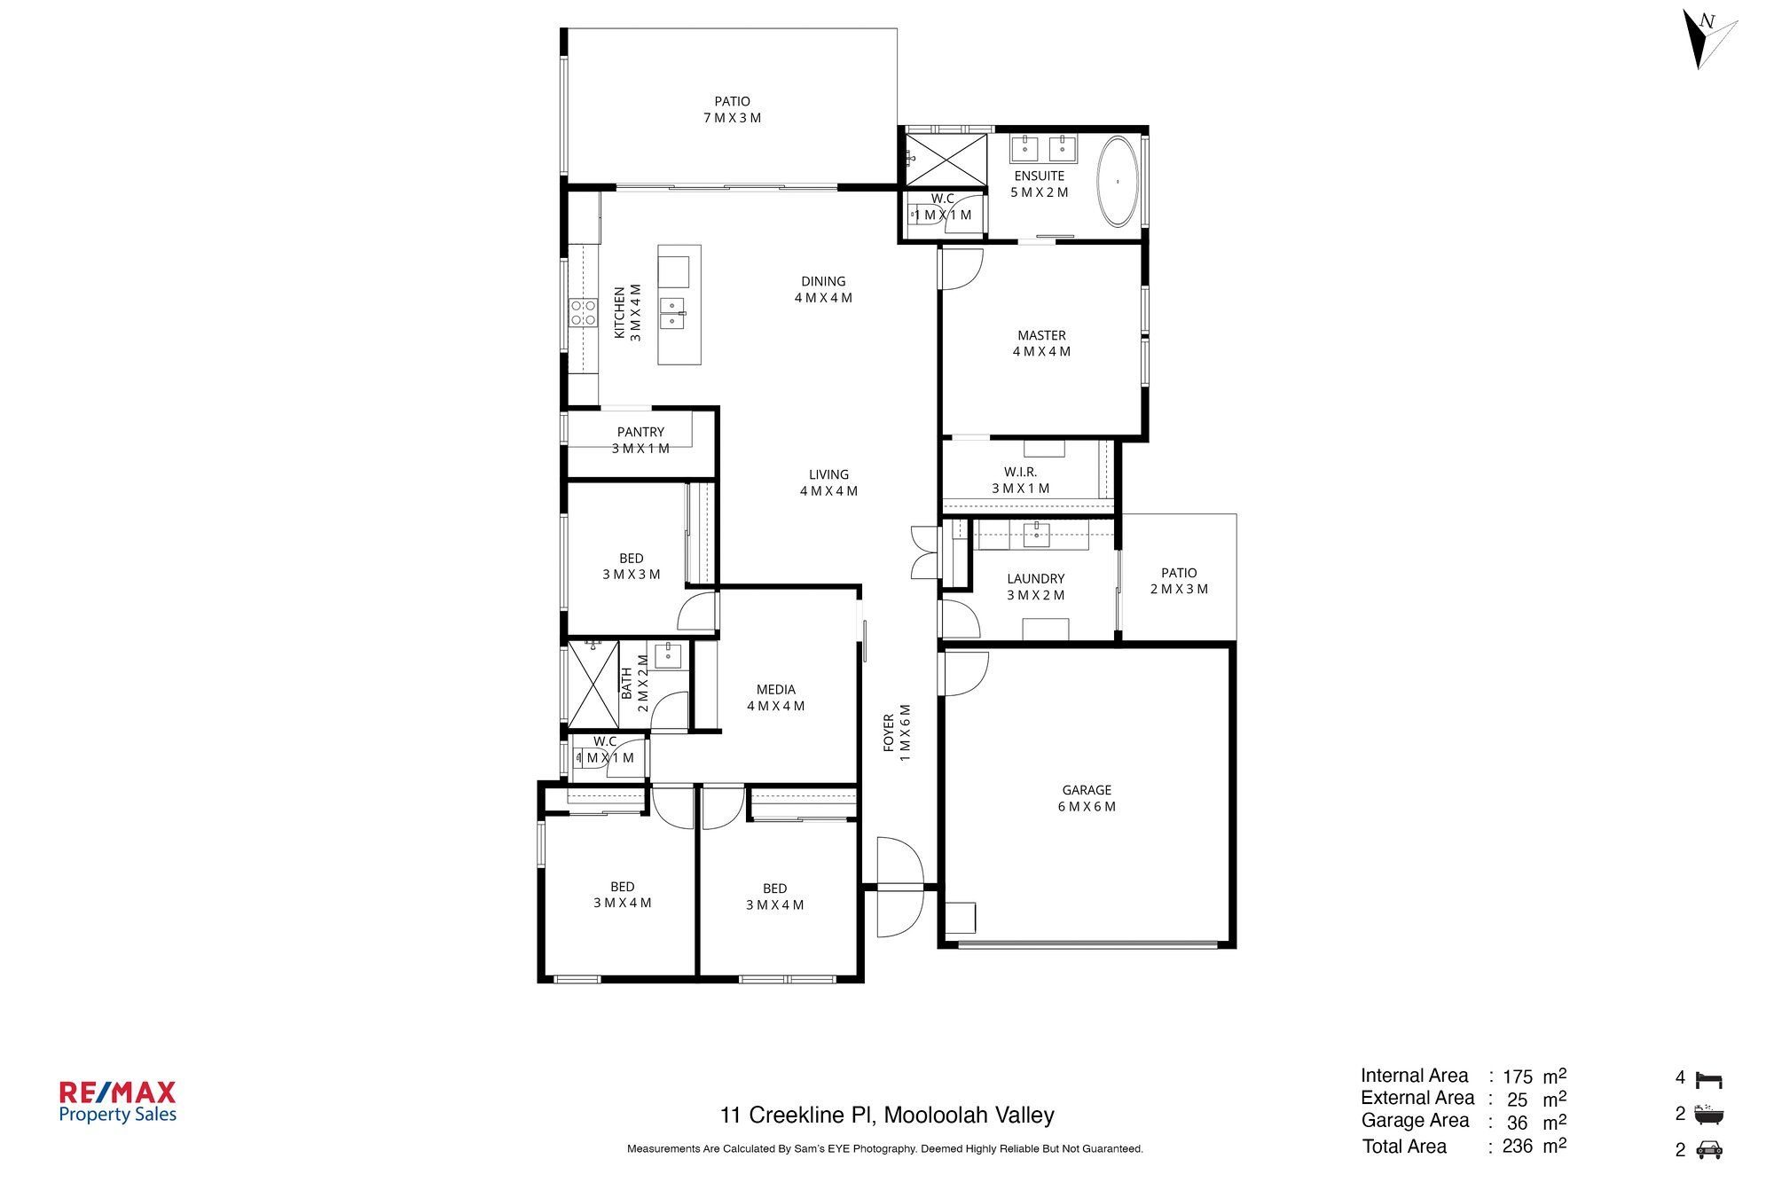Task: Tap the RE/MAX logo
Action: click(x=117, y=1102)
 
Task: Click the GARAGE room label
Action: click(x=1087, y=790)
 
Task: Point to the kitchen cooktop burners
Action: click(x=583, y=312)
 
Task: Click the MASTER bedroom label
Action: click(x=1041, y=335)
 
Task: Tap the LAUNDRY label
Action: click(x=1035, y=579)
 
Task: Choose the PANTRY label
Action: click(x=640, y=432)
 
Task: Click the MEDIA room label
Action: click(x=775, y=690)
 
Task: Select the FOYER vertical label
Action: click(x=889, y=733)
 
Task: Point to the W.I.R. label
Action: click(x=1020, y=473)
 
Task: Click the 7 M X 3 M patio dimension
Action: click(x=732, y=118)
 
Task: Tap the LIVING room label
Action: click(x=828, y=474)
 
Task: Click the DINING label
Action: click(x=823, y=281)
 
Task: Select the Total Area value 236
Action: click(x=1517, y=1147)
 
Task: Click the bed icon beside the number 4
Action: click(x=1708, y=1079)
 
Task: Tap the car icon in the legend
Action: click(x=1708, y=1150)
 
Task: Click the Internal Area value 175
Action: click(x=1517, y=1076)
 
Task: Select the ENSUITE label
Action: click(x=1039, y=176)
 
